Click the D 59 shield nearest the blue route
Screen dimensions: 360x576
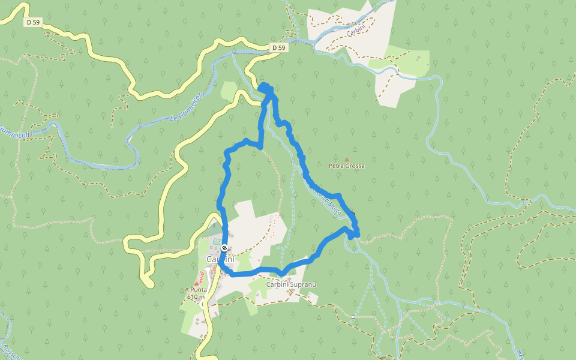[x=279, y=47]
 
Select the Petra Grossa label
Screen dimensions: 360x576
[x=346, y=166]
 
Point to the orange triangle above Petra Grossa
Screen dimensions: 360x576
[x=346, y=159]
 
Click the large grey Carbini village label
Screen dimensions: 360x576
[x=220, y=259]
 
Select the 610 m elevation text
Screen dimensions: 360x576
[x=196, y=296]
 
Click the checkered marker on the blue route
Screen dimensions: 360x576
[x=224, y=248]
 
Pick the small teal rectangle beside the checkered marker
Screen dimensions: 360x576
[x=217, y=241]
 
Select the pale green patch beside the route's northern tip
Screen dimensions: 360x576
[x=229, y=91]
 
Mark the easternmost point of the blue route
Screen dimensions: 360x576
[x=358, y=233]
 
